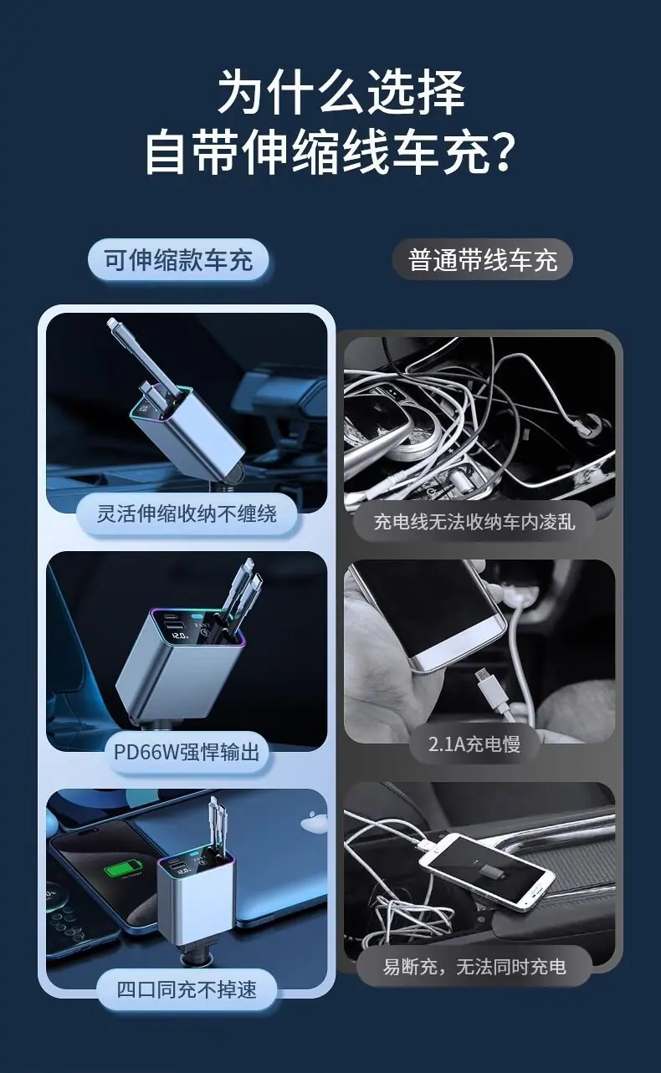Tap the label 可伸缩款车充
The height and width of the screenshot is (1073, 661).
[x=178, y=261]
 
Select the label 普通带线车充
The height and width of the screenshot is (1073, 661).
[x=483, y=261]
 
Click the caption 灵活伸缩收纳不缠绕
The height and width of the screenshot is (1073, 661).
[x=187, y=514]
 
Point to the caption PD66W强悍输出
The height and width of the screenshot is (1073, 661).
[x=187, y=753]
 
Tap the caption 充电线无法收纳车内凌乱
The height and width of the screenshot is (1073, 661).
[x=474, y=522]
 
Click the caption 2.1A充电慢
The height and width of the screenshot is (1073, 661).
[x=474, y=744]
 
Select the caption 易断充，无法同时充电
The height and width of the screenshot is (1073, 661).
[x=474, y=967]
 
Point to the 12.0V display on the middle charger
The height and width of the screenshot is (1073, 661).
[x=180, y=636]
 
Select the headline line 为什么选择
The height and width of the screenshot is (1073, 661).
[x=341, y=92]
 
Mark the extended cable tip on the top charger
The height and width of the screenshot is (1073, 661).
[x=112, y=324]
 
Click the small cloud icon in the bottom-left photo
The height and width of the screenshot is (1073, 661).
[x=313, y=824]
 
